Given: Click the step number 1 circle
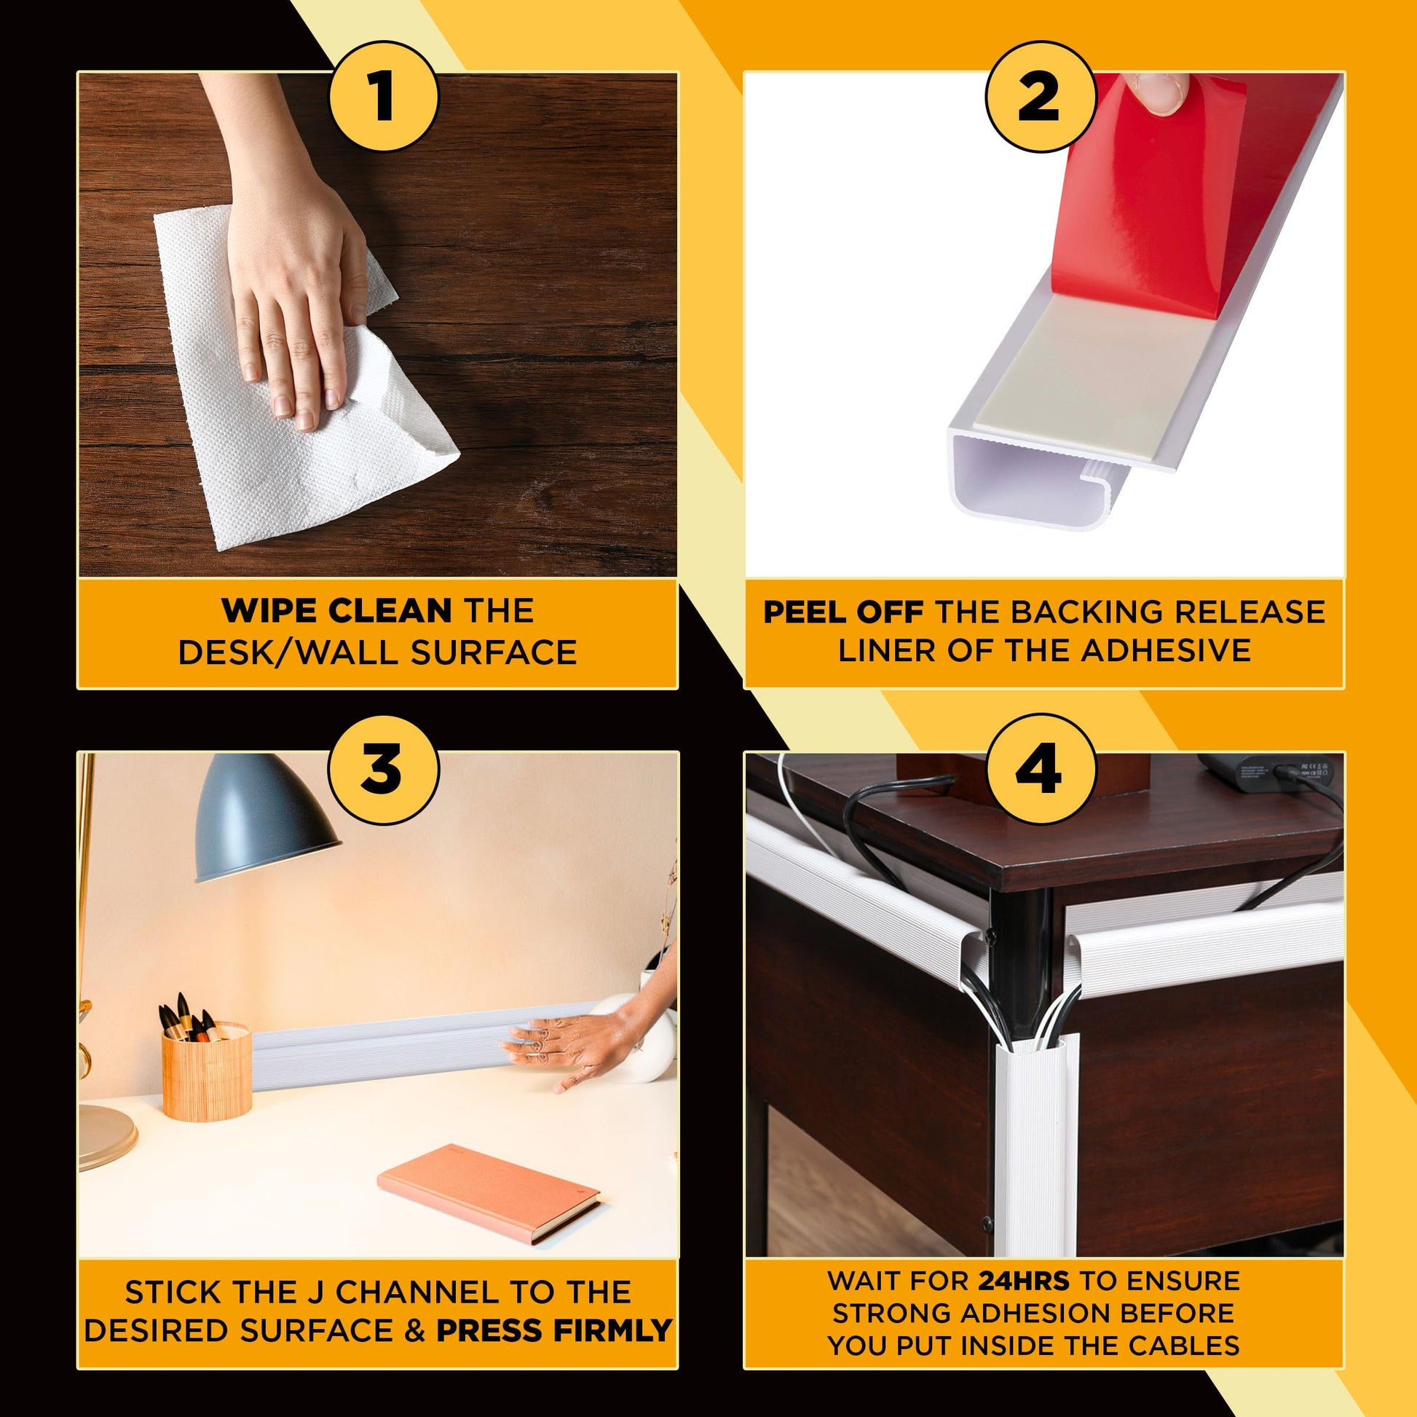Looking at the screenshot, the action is pos(383,97).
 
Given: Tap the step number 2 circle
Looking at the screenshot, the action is pos(1039,97).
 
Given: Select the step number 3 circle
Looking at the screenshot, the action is pos(383,771).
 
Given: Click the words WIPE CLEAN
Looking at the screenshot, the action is pos(336,610).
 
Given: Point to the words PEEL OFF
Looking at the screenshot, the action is pos(842,612).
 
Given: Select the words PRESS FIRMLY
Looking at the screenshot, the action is pos(554,1330).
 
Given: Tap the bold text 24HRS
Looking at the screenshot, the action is pos(1024,1282).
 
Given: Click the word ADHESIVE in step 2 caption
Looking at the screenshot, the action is pos(1166,650).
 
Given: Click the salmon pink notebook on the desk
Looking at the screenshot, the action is pos(489,1193).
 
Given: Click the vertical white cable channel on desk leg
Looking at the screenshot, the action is pos(1037,1144).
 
